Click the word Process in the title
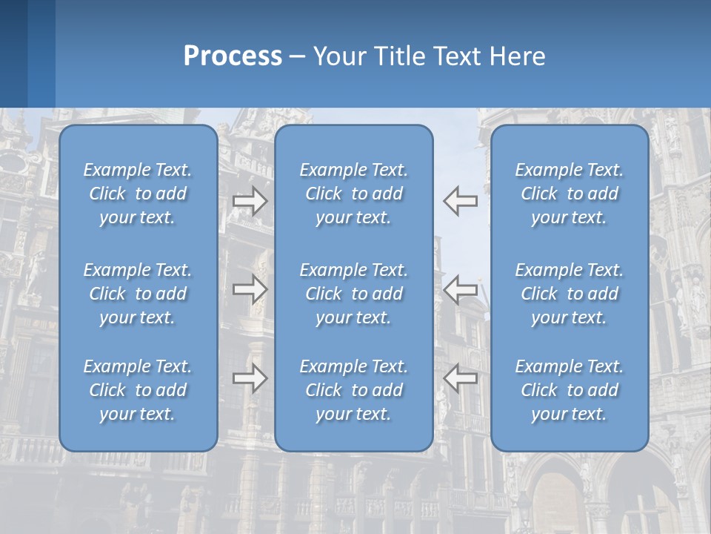pos(233,56)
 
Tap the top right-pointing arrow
pos(250,201)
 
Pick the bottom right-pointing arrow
pos(250,378)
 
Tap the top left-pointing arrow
pos(461,201)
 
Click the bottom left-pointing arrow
pos(461,378)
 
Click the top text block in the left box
pos(138,194)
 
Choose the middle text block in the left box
pos(138,294)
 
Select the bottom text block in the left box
pos(138,390)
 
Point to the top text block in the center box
pos(354,194)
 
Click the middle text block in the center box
pos(354,294)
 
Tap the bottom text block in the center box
pos(354,390)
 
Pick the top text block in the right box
pos(570,194)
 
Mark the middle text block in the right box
pos(570,294)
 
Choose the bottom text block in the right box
pos(570,390)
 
